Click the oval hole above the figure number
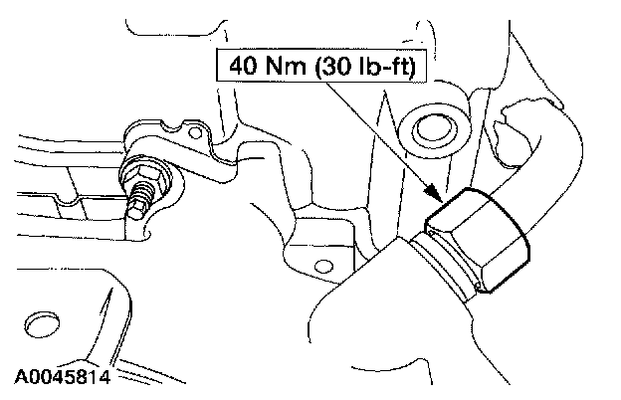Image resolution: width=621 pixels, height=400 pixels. coord(40,324)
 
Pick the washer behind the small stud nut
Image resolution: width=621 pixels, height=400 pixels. coord(160,177)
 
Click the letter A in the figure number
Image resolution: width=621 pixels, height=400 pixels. coord(21,377)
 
